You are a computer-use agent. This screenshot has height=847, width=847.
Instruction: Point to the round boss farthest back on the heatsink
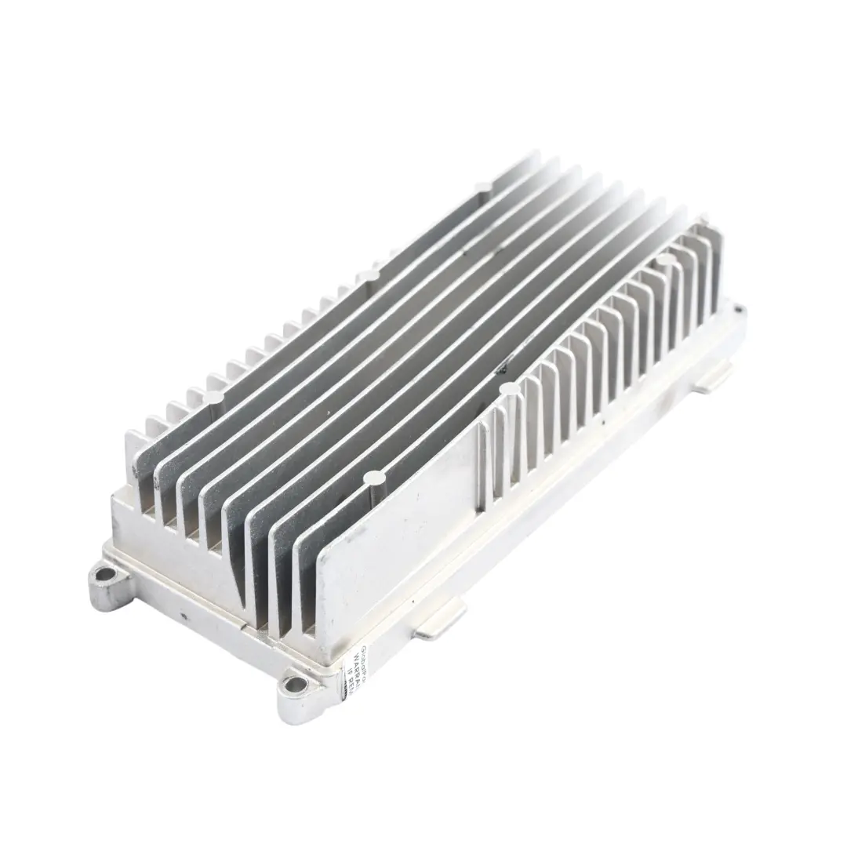tap(484, 187)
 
